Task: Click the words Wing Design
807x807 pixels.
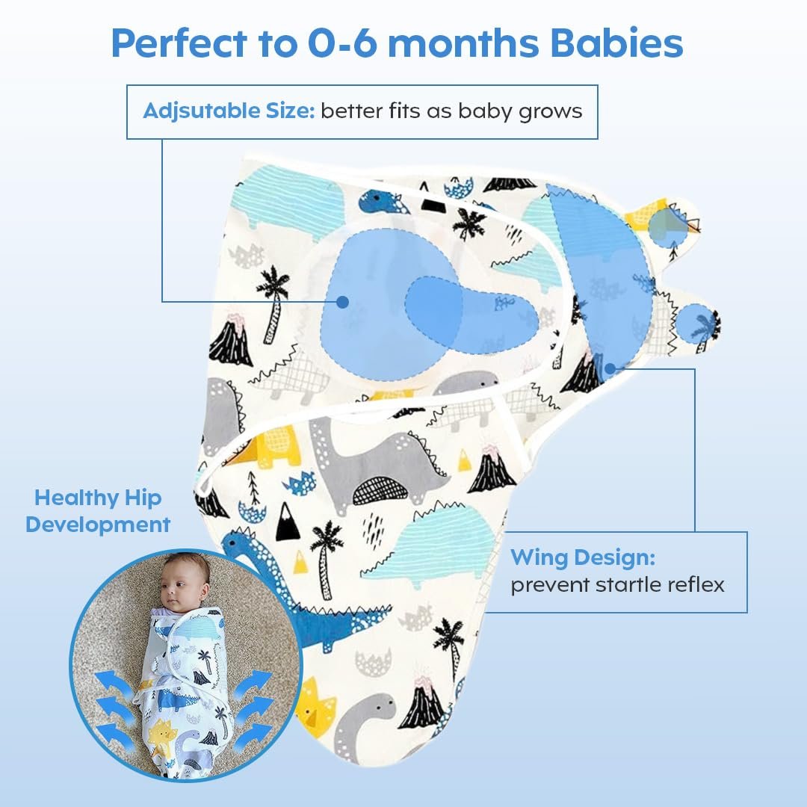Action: pyautogui.click(x=583, y=558)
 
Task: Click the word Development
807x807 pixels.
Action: pyautogui.click(x=98, y=525)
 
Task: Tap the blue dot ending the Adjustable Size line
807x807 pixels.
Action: pyautogui.click(x=342, y=302)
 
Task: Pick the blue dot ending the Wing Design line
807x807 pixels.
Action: pyautogui.click(x=610, y=368)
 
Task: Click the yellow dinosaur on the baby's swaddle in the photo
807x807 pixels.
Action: pyautogui.click(x=161, y=737)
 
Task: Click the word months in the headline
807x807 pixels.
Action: pyautogui.click(x=463, y=43)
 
